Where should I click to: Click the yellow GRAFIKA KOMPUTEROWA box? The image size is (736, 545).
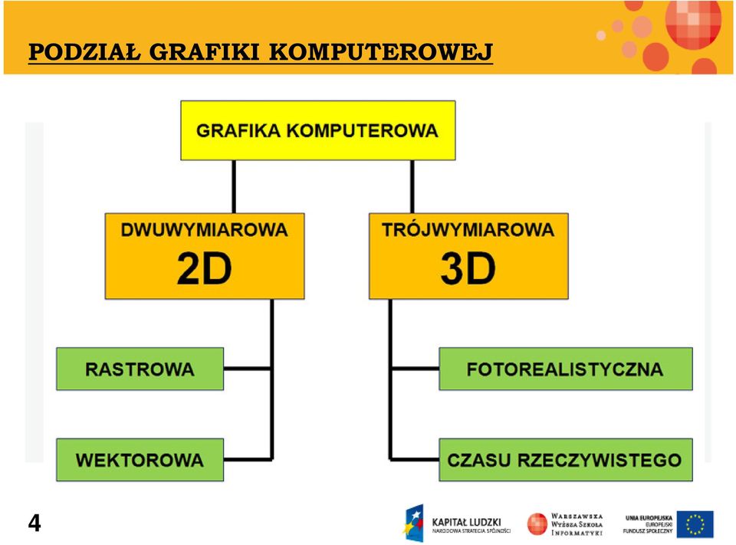point(317,130)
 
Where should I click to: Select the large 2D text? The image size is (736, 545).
point(204,268)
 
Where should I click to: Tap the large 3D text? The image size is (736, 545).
point(468,268)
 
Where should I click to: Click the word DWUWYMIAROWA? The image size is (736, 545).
point(204,230)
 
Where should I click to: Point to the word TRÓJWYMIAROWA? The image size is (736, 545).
point(468,229)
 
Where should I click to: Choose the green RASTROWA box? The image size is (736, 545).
point(140,369)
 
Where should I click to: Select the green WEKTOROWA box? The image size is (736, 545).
point(140,460)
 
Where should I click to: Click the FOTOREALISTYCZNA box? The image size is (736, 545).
point(566,369)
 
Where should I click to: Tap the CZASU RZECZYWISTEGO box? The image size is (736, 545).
point(566,460)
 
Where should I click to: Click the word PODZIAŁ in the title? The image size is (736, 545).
point(84,52)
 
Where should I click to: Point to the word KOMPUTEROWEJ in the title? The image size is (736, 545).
point(381,52)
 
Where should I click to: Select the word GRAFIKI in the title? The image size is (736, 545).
point(205,52)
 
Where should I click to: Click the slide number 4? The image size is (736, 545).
point(34,523)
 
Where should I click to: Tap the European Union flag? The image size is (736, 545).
point(695,524)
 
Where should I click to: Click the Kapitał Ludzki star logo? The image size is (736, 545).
point(413,523)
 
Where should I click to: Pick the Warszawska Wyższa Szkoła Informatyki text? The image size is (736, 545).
point(577,524)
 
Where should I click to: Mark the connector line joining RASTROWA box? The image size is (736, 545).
point(248,369)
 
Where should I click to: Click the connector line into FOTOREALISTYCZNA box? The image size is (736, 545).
point(416,369)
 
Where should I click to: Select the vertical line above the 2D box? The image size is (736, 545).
point(234,187)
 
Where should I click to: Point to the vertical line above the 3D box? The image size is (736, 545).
point(412,187)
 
